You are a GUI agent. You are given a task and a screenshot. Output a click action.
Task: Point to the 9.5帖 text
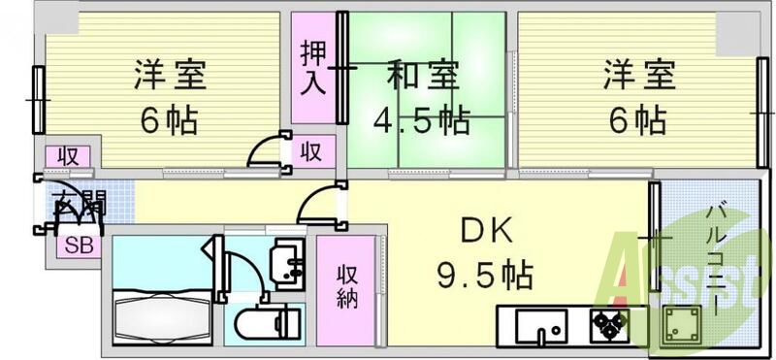point(482,277)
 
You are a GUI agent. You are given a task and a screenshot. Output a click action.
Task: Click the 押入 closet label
point(313,68)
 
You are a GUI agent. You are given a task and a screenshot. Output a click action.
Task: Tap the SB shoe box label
point(79,245)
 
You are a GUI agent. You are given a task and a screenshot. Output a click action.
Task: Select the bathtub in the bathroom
point(161,315)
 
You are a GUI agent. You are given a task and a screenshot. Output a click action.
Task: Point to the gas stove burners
point(611,328)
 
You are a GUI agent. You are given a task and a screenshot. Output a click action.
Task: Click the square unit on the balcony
point(681,327)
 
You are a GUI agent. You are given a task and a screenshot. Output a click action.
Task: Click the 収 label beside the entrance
point(68,155)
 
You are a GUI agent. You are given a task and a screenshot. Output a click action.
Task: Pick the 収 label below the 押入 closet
point(311,151)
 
